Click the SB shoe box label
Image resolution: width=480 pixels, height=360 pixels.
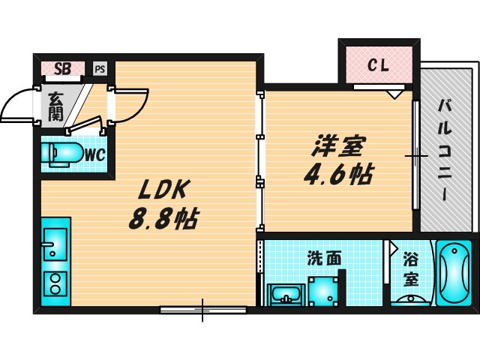tap(63, 69)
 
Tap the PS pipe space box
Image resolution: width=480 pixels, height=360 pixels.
tap(100, 69)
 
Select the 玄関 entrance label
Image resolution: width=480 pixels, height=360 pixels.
tap(56, 106)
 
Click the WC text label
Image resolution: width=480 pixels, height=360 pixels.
tap(94, 155)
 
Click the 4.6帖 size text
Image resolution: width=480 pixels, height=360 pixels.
tap(338, 175)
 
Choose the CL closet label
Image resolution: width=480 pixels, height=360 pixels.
tap(378, 66)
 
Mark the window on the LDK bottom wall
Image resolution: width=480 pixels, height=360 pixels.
tap(202, 308)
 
